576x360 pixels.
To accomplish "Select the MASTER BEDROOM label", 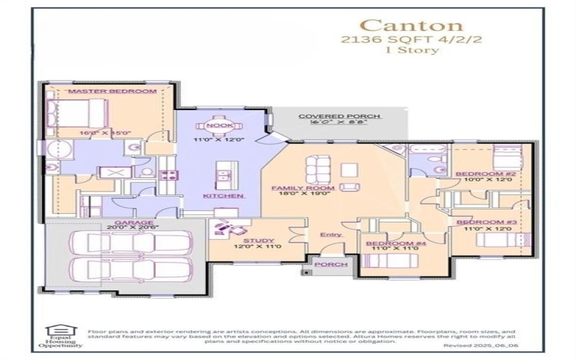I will (112, 91).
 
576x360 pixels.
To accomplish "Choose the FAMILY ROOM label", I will (302, 188).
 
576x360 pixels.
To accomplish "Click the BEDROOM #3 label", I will (486, 222).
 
